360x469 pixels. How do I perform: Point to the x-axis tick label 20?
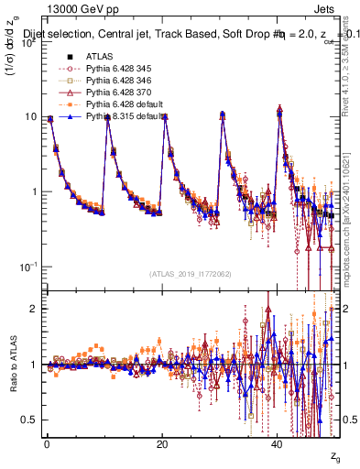tap(162, 444)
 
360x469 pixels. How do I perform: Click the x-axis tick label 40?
tap(277, 444)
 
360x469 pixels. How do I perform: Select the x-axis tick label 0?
tap(47, 444)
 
